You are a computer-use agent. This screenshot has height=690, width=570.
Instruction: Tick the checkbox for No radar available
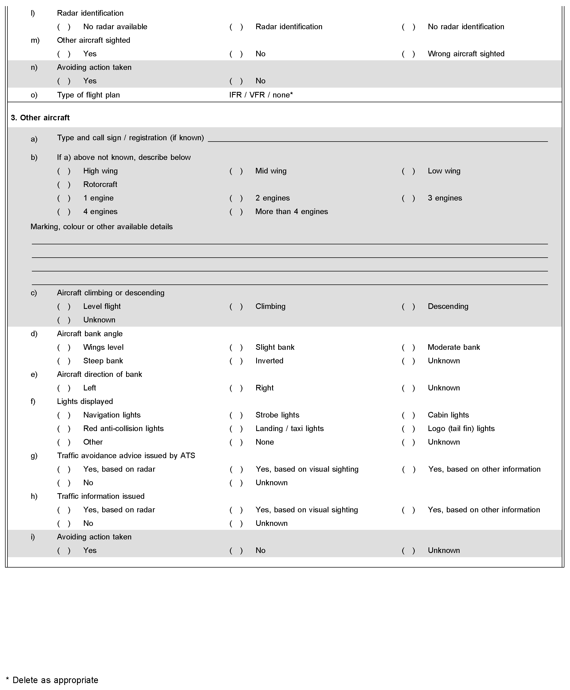click(64, 27)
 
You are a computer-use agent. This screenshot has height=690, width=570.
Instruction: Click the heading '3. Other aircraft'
click(40, 118)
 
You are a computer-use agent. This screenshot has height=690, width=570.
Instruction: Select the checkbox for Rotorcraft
click(64, 185)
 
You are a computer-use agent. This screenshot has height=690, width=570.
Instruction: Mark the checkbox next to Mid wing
click(236, 171)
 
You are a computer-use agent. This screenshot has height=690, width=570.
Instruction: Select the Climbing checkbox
click(236, 306)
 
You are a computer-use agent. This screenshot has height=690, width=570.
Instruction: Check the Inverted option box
click(236, 361)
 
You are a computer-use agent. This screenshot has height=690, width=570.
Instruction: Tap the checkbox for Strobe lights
click(236, 415)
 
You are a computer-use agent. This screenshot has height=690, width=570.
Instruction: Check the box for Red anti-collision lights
click(64, 429)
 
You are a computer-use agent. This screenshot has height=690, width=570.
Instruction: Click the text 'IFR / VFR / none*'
click(261, 95)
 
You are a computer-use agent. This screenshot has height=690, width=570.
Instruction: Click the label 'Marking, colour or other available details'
click(101, 227)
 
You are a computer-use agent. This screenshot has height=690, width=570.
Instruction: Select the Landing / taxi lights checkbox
click(236, 429)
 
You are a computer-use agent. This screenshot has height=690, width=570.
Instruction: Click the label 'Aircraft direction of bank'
click(100, 374)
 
